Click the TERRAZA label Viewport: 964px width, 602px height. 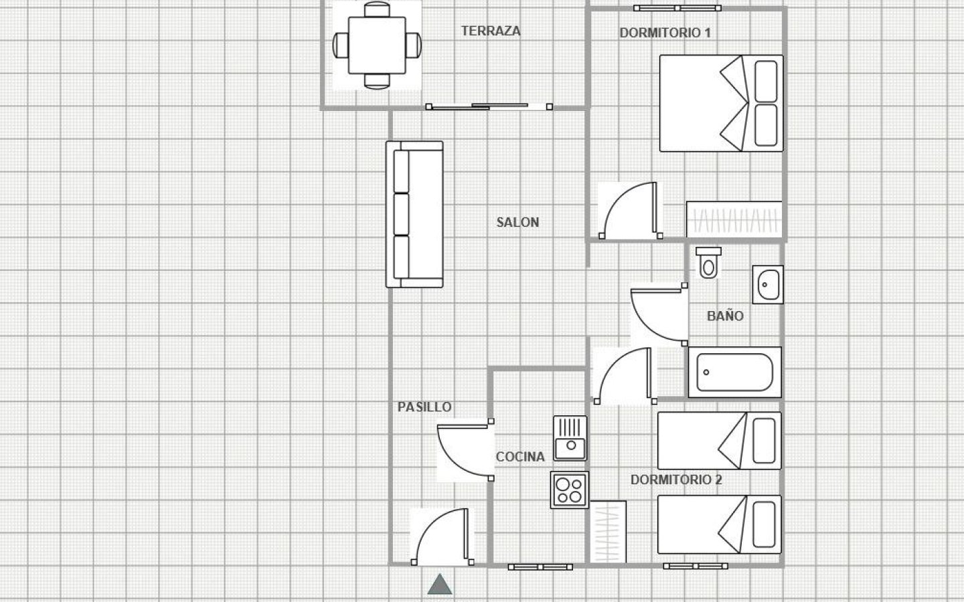[491, 31]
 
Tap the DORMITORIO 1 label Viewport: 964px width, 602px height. [665, 33]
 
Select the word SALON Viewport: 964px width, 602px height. [517, 222]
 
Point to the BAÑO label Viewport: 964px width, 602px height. [725, 316]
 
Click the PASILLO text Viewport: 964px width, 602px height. [424, 407]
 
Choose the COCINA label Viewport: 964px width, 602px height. [520, 457]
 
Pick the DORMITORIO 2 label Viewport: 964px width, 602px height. [676, 480]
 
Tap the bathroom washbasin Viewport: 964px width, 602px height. [767, 284]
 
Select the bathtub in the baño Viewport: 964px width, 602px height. [734, 372]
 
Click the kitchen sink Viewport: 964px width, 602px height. [570, 438]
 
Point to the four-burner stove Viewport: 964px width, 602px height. [570, 490]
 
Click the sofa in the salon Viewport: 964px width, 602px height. [414, 214]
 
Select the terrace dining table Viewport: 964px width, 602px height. [377, 45]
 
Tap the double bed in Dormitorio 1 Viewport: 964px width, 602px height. [721, 103]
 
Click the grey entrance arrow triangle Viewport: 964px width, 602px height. [440, 585]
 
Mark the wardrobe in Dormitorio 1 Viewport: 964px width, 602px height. [734, 219]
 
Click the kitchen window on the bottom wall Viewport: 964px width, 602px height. [540, 567]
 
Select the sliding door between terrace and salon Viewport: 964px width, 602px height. [489, 106]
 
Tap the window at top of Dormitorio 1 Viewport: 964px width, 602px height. [679, 9]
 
